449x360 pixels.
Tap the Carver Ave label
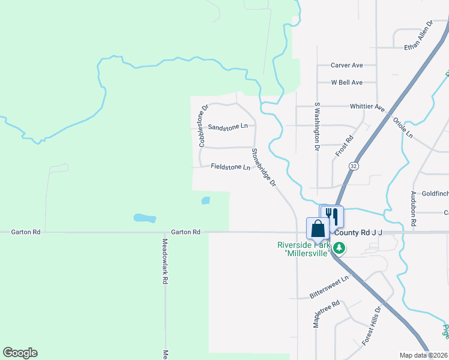pyautogui.click(x=347, y=65)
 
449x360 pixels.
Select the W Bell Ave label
pyautogui.click(x=347, y=82)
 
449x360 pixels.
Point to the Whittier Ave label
pyautogui.click(x=367, y=107)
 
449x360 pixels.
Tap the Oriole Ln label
pyautogui.click(x=403, y=127)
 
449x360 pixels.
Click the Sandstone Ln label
pyautogui.click(x=228, y=127)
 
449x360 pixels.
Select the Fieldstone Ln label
pyautogui.click(x=231, y=167)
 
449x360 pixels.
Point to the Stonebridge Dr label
pyautogui.click(x=263, y=167)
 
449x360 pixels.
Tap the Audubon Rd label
pyautogui.click(x=414, y=209)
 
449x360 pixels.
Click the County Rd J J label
pyautogui.click(x=359, y=232)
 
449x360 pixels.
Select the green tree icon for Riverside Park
pyautogui.click(x=339, y=247)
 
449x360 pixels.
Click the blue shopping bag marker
pyautogui.click(x=318, y=228)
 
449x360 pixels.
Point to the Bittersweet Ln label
pyautogui.click(x=329, y=287)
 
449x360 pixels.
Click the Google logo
pyautogui.click(x=20, y=353)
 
